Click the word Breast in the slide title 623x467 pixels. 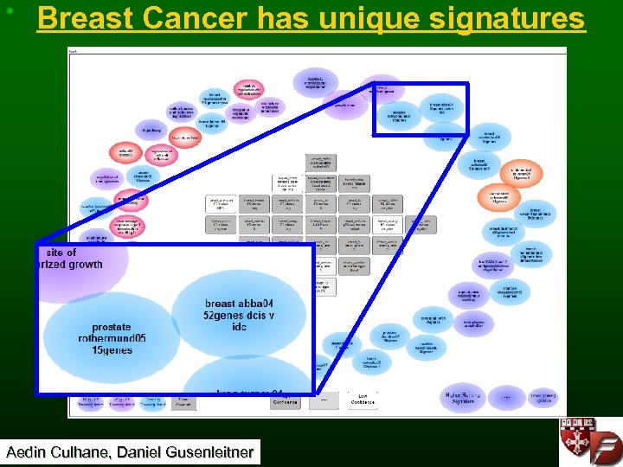(x=80, y=18)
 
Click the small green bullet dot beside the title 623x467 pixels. (x=10, y=10)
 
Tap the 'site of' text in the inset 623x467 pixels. (x=61, y=253)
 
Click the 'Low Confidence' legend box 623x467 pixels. (x=363, y=400)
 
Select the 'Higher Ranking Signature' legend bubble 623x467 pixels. (x=464, y=396)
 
